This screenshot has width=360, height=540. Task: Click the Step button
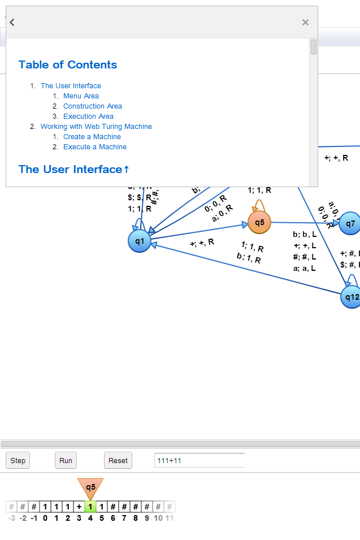point(18,460)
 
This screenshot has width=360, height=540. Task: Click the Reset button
point(118,460)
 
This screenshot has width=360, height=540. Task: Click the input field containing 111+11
point(199,460)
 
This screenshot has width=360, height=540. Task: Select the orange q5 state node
point(259,222)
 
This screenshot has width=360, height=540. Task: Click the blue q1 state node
point(140,241)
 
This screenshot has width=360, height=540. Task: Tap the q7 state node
point(350,223)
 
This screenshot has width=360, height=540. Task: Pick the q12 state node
point(351,297)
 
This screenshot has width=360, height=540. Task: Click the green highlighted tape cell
point(90,507)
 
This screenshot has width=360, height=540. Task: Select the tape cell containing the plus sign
point(79,507)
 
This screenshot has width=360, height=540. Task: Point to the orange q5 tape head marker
point(90,487)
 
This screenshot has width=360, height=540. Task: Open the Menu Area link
point(81,96)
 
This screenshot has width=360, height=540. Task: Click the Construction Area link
point(93,106)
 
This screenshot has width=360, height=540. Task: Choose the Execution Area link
point(88,116)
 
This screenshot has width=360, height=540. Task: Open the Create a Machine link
point(92,137)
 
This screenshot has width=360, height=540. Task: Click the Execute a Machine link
point(95,147)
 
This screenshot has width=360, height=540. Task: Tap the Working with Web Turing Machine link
point(96,127)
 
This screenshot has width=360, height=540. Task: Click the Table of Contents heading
point(68,64)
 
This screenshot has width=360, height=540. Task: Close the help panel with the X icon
point(305,22)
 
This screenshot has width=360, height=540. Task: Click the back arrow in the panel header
point(12,22)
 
